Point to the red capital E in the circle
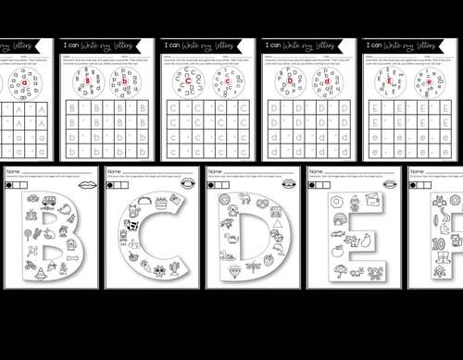pyautogui.click(x=388, y=82)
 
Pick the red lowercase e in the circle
pyautogui.click(x=427, y=82)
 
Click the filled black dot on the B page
pyautogui.click(x=10, y=184)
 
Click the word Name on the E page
pyautogui.click(x=316, y=171)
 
